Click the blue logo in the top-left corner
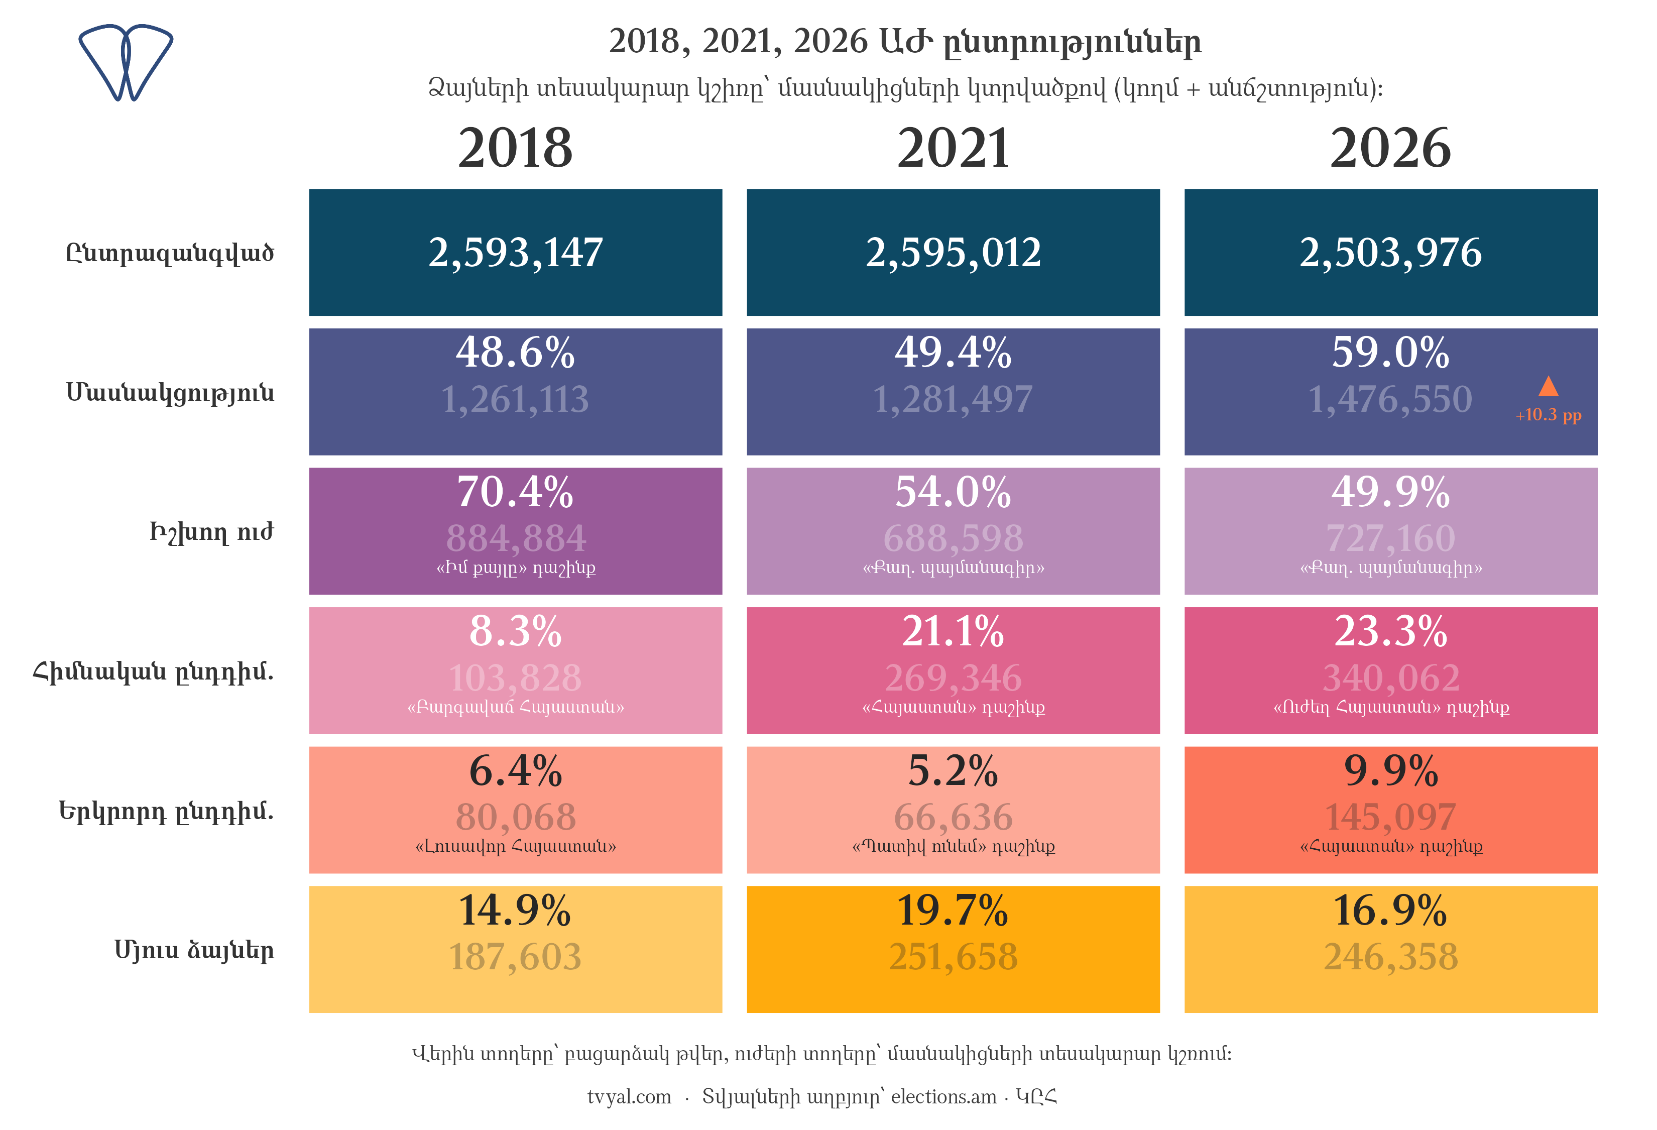click(126, 63)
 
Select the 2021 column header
click(953, 148)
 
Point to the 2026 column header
click(1390, 148)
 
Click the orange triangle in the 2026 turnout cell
click(1548, 386)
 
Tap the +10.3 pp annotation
click(1548, 415)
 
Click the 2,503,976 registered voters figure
click(1390, 253)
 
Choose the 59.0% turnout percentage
click(1390, 352)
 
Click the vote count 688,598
click(953, 538)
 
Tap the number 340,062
click(1390, 678)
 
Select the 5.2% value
click(953, 771)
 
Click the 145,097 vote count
click(1390, 817)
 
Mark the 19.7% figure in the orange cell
click(953, 911)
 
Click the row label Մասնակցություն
click(170, 393)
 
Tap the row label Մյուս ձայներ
click(194, 950)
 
